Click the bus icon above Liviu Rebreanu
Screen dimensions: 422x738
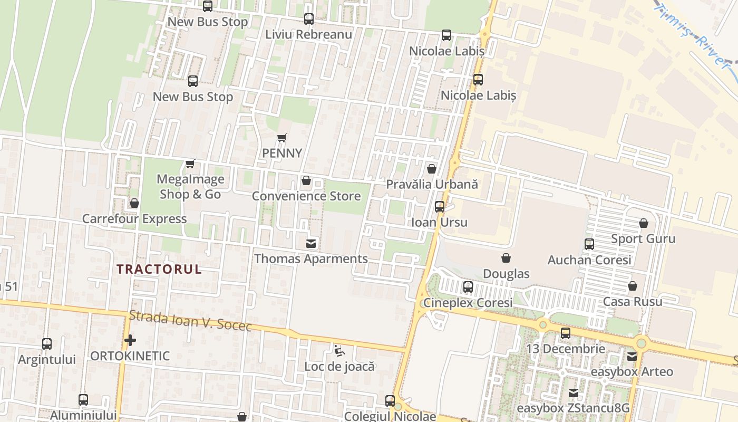[309, 19]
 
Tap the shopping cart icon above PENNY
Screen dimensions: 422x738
[282, 138]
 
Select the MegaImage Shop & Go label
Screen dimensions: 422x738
[190, 187]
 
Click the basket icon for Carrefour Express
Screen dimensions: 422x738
[134, 203]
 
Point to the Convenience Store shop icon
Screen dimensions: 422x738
[306, 181]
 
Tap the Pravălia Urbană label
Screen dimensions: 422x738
[432, 185]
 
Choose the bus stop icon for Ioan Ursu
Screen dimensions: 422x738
[440, 207]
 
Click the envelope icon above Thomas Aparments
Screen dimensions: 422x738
[311, 243]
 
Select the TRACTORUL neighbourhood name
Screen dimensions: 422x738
[159, 269]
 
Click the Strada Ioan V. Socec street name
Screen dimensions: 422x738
[190, 321]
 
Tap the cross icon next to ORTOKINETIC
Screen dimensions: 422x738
[130, 340]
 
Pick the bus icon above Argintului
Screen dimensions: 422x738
[47, 344]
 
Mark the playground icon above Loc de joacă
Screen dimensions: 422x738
[339, 350]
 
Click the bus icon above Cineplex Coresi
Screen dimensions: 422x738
[468, 287]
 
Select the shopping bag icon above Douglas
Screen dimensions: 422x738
[506, 258]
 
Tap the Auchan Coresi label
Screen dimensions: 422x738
[589, 260]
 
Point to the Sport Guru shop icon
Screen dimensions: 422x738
[643, 223]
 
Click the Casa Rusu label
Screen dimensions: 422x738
[633, 302]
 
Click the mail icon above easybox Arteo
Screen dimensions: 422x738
[632, 357]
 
